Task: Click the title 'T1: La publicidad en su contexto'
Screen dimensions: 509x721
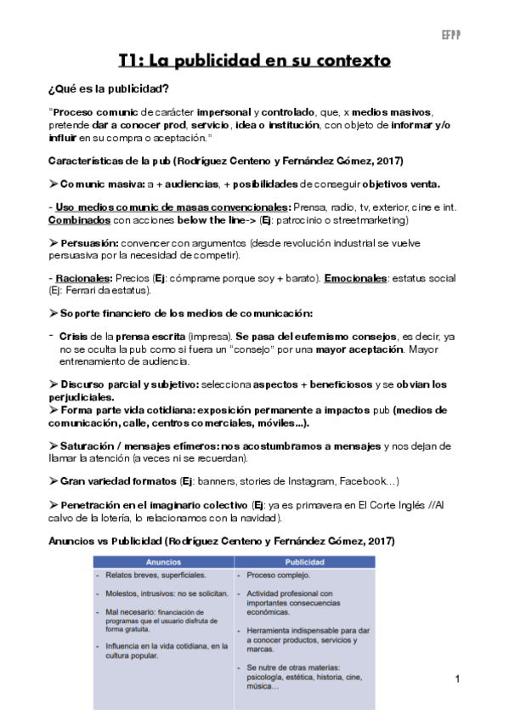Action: tap(254, 61)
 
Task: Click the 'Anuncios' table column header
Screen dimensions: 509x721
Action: tap(163, 562)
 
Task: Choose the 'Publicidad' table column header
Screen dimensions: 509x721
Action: tap(304, 562)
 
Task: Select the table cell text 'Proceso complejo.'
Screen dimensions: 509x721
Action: tap(280, 576)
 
